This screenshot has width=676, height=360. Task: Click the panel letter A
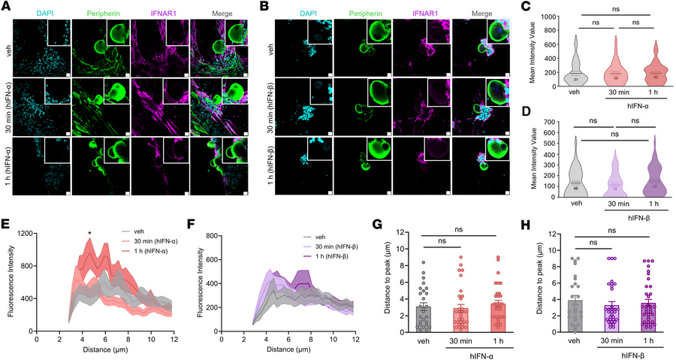point(6,6)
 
